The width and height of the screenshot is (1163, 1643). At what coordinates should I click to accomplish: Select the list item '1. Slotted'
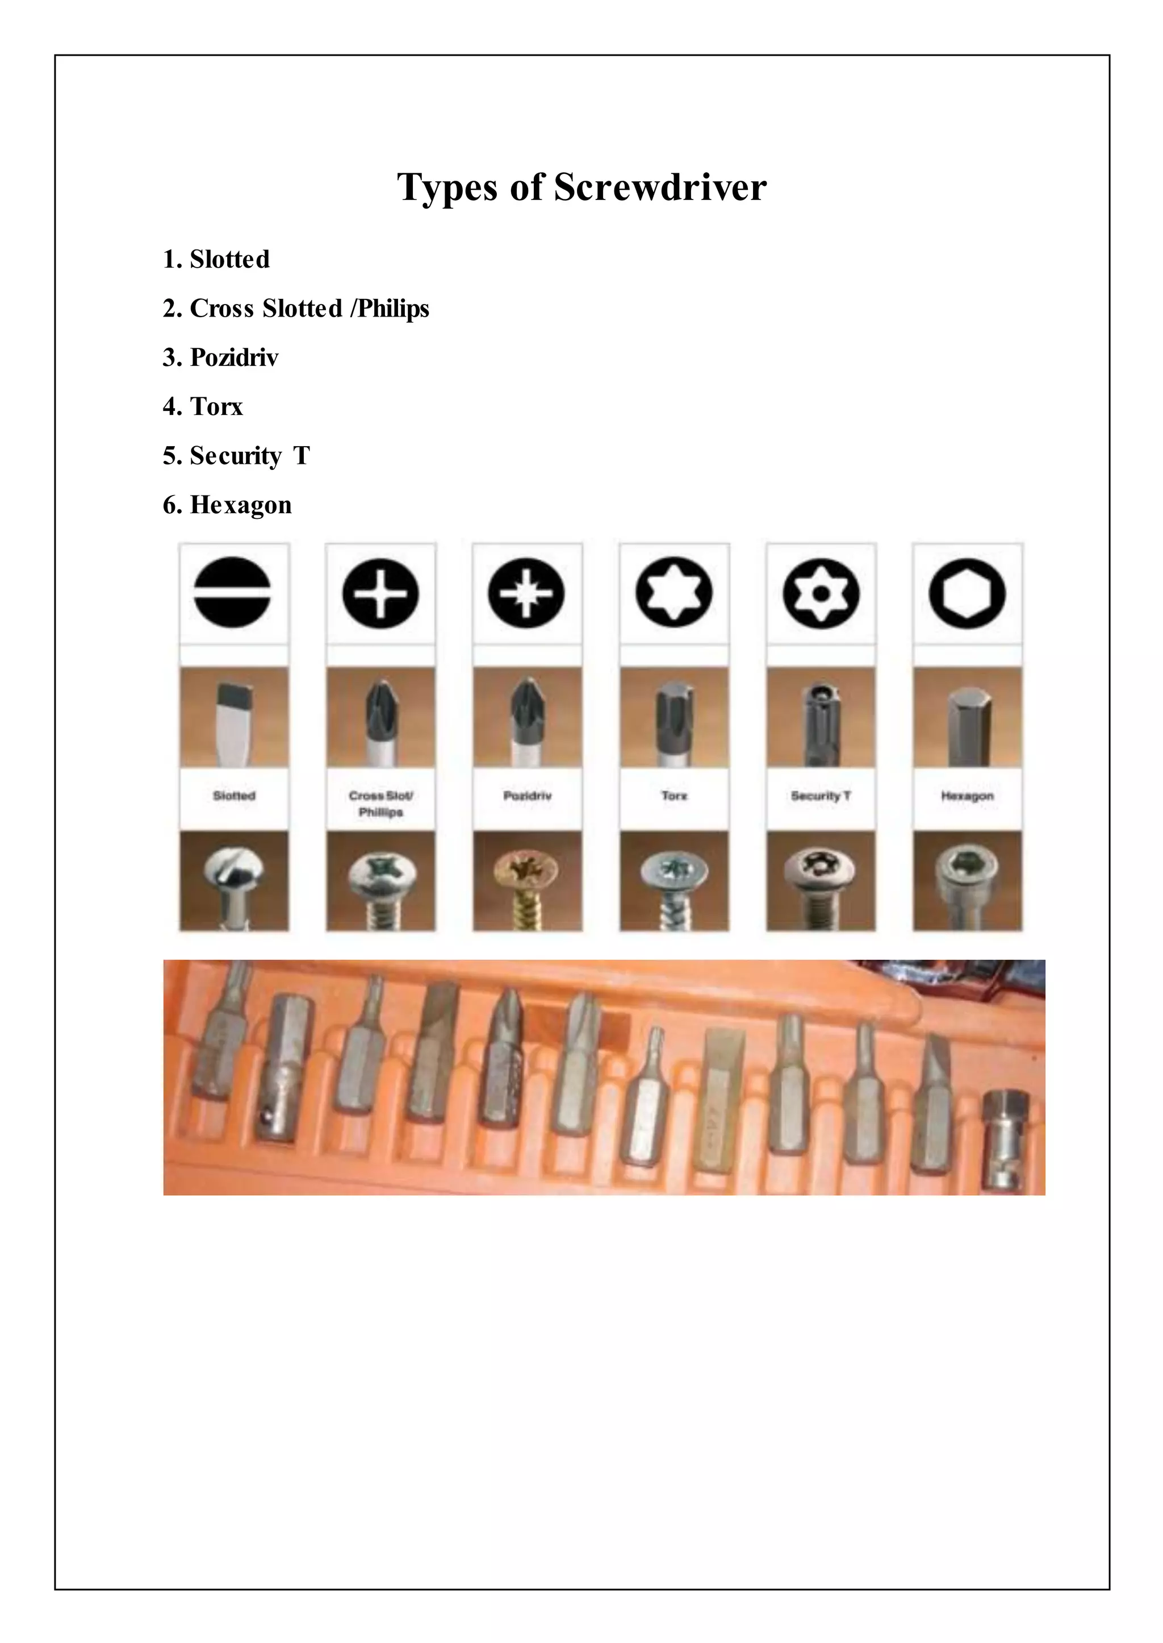point(216,259)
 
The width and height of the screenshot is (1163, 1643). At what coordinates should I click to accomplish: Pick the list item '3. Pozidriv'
point(220,357)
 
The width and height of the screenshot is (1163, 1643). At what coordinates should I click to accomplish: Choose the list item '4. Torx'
point(203,406)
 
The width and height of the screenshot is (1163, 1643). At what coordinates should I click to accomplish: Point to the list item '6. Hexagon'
point(227,505)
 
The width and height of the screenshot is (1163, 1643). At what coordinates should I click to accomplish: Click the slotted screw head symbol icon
point(233,593)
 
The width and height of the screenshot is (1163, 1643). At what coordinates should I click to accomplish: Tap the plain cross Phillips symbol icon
point(380,593)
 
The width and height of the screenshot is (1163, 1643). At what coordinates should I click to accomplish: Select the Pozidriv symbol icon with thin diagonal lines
point(526,593)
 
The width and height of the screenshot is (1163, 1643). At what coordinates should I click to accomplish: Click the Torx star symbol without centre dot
point(674,593)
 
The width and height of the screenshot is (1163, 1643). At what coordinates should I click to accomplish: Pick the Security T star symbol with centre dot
point(821,593)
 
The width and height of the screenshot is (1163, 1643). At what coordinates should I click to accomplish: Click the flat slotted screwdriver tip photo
point(234,717)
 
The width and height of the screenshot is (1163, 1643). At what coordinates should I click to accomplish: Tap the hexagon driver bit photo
point(968,717)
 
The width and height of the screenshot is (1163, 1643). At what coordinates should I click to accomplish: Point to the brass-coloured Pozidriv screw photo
point(527,881)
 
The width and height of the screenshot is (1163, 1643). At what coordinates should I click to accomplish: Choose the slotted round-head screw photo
point(234,881)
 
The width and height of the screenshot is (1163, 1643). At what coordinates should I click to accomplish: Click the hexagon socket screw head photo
point(968,881)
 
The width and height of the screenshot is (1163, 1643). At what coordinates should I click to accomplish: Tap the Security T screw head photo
point(821,881)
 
